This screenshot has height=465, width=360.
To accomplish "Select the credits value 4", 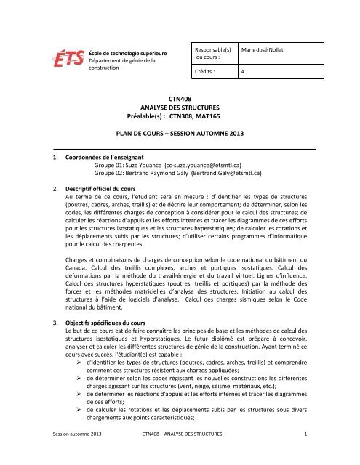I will [243, 72].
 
